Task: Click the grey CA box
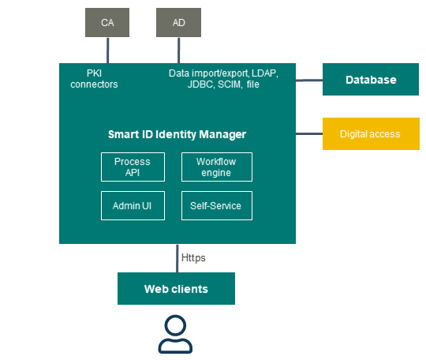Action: (107, 23)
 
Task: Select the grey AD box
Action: (178, 23)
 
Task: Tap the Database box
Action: (371, 80)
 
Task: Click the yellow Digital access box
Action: (371, 133)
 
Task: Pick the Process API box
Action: (133, 167)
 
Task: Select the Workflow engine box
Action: (217, 167)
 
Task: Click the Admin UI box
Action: (133, 205)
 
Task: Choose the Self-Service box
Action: (217, 205)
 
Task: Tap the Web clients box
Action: (176, 288)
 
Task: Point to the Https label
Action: (193, 258)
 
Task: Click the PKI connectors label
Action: (94, 79)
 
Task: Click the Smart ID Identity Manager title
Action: (177, 134)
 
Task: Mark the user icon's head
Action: (175, 326)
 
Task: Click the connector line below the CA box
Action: (108, 51)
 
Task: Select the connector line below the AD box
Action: (179, 51)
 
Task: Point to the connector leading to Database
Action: (309, 81)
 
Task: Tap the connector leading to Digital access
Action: (309, 133)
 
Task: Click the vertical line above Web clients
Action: (177, 258)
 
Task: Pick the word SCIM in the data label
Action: (230, 84)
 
